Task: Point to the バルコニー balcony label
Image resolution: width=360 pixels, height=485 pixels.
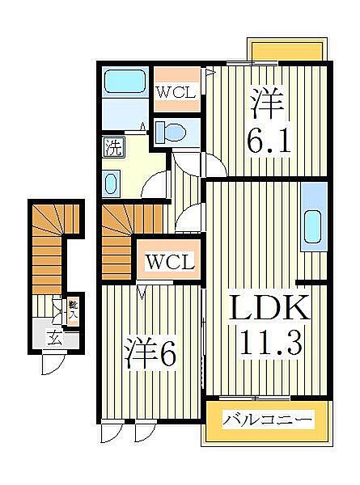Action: (268, 420)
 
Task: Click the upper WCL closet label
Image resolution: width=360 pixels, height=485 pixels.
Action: (175, 91)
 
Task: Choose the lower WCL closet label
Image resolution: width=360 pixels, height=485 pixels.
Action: (169, 262)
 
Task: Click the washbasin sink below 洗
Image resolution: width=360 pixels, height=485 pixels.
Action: (111, 183)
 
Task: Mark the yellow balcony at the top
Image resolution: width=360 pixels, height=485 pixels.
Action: (288, 51)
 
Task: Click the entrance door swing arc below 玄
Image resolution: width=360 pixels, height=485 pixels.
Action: (51, 365)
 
